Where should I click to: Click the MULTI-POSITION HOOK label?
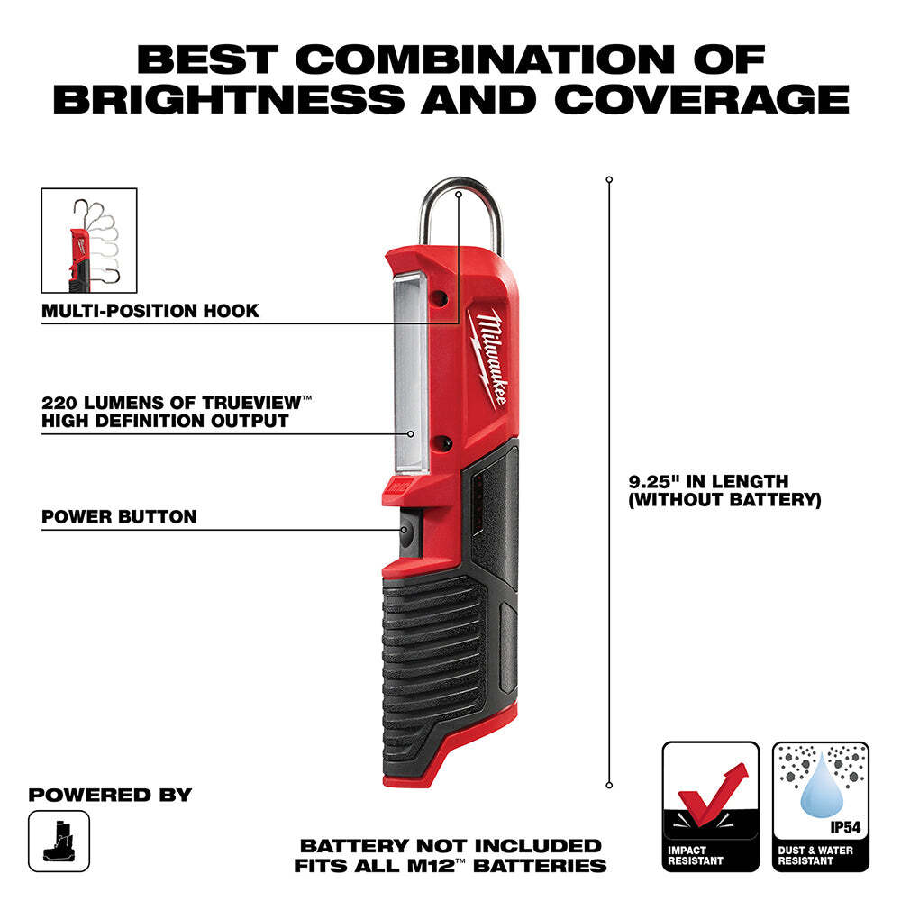150,311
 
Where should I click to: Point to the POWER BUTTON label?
119,517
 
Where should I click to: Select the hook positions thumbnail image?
89,240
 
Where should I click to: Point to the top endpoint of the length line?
609,180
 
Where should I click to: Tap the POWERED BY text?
110,795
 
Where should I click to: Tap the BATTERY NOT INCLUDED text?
450,846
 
